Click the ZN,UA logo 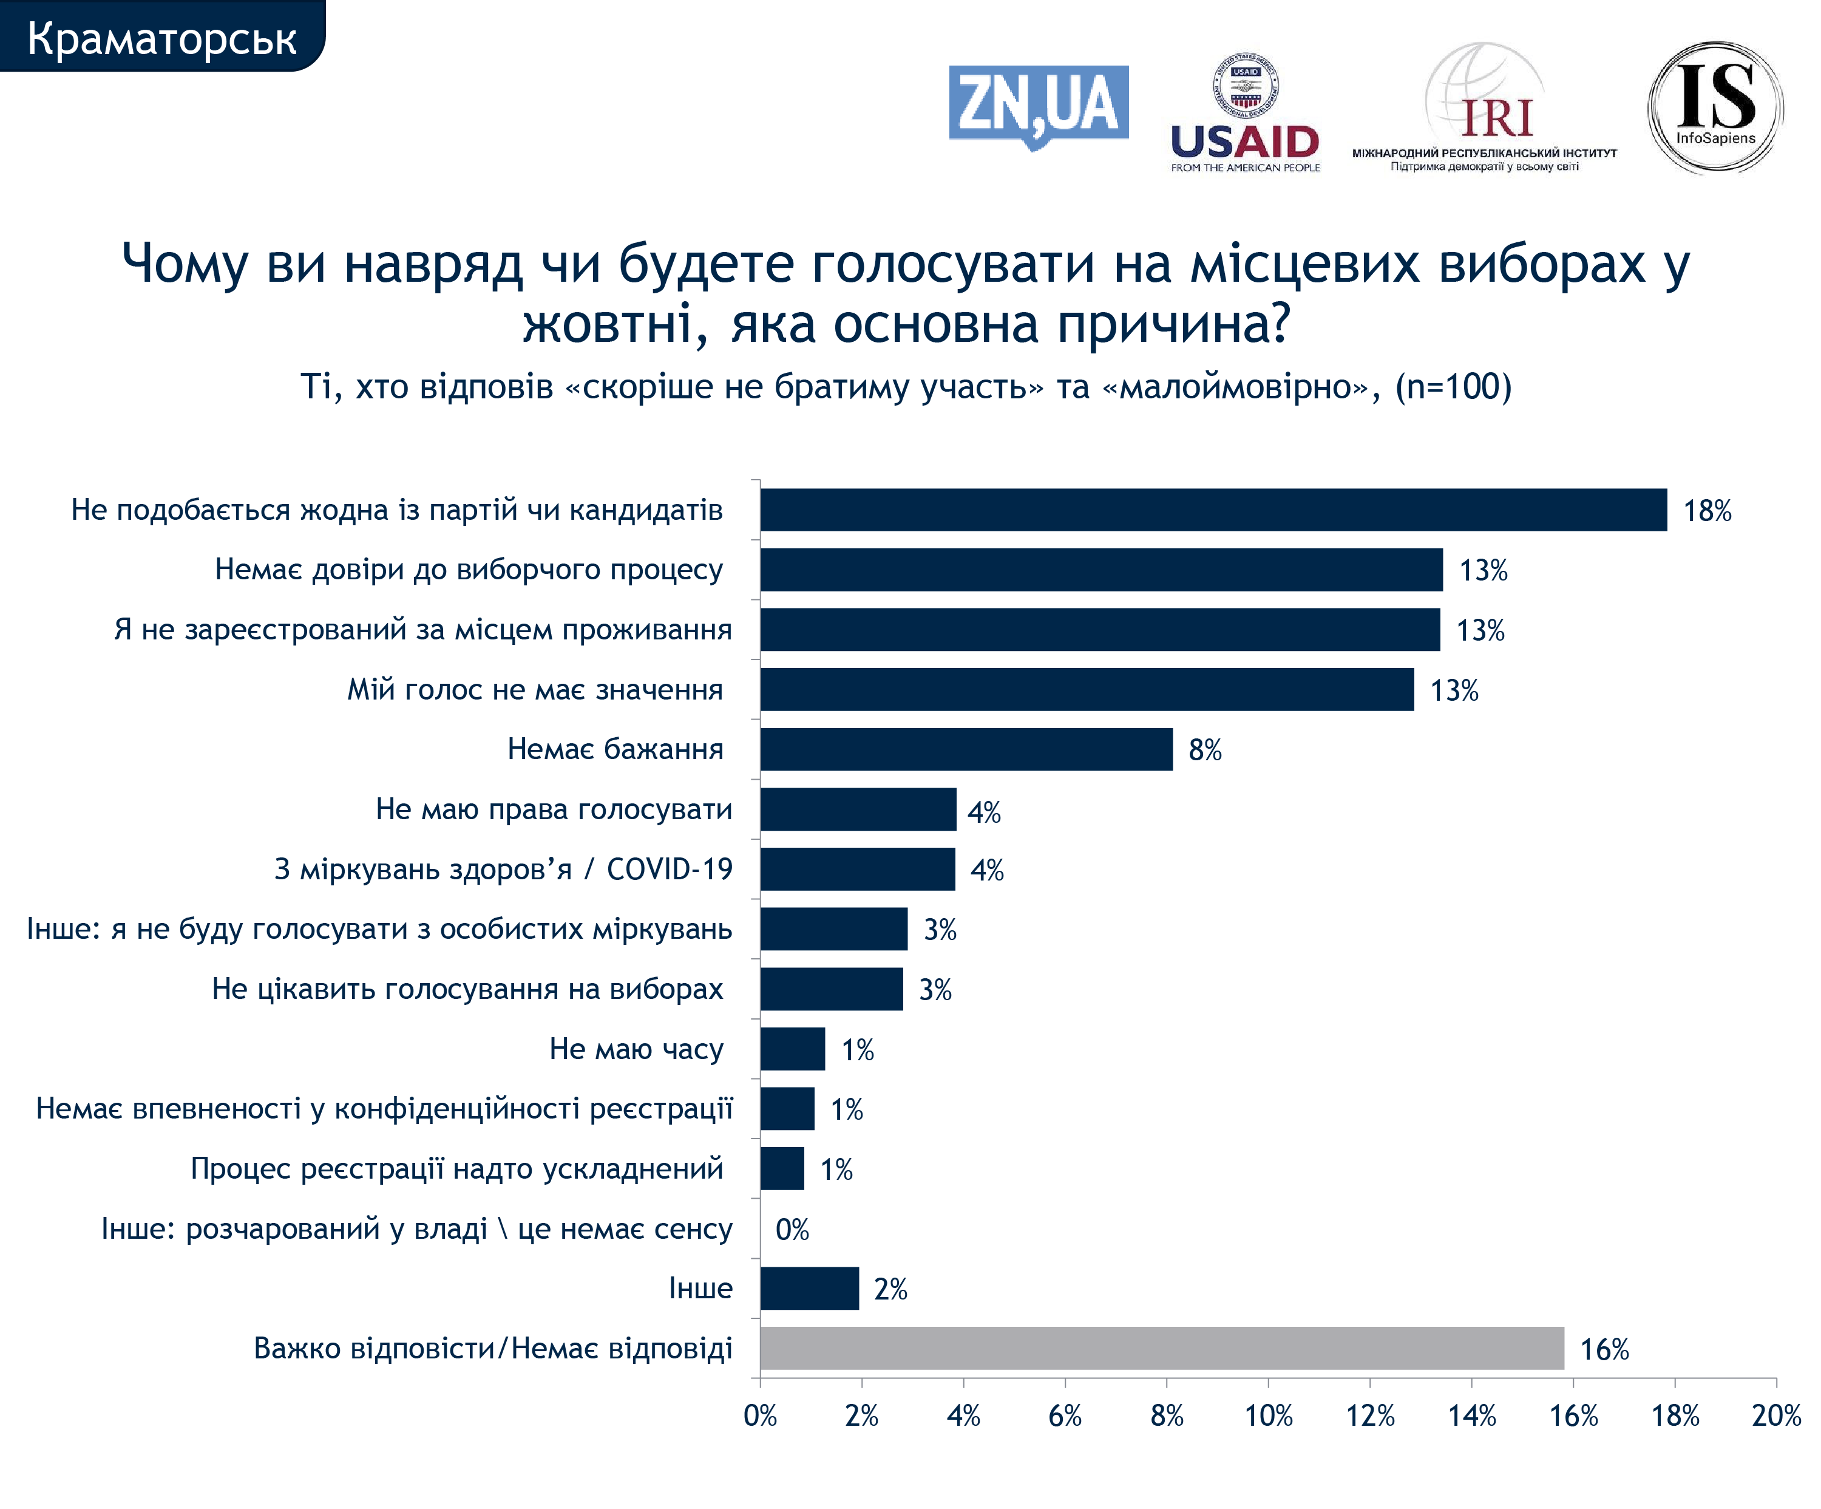coord(1038,106)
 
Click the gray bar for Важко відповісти coord(1161,1349)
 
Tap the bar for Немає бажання coord(966,749)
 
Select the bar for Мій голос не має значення coord(1087,689)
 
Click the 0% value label coord(792,1230)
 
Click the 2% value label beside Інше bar coord(890,1290)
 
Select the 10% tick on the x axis coord(1269,1416)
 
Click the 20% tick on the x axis coord(1776,1416)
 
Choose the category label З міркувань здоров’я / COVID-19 coord(503,869)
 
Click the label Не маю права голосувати coord(553,809)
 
